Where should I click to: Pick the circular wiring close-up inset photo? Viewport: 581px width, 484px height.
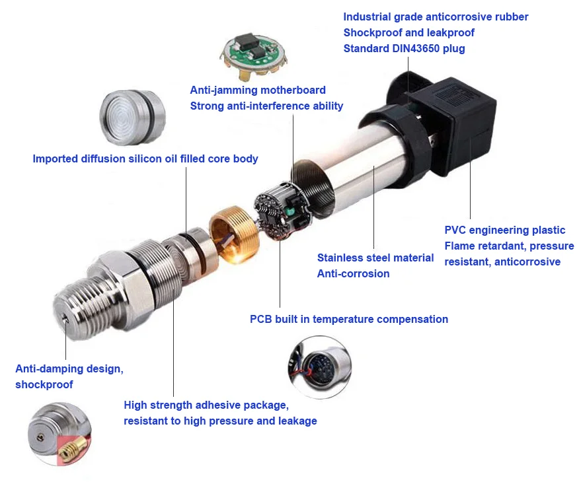[319, 367]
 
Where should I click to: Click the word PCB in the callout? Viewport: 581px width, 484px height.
[261, 319]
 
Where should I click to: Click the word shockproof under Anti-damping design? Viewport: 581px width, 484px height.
[44, 384]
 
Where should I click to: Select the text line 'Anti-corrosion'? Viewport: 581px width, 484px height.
[353, 273]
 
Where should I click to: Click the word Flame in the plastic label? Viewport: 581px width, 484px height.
[460, 246]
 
